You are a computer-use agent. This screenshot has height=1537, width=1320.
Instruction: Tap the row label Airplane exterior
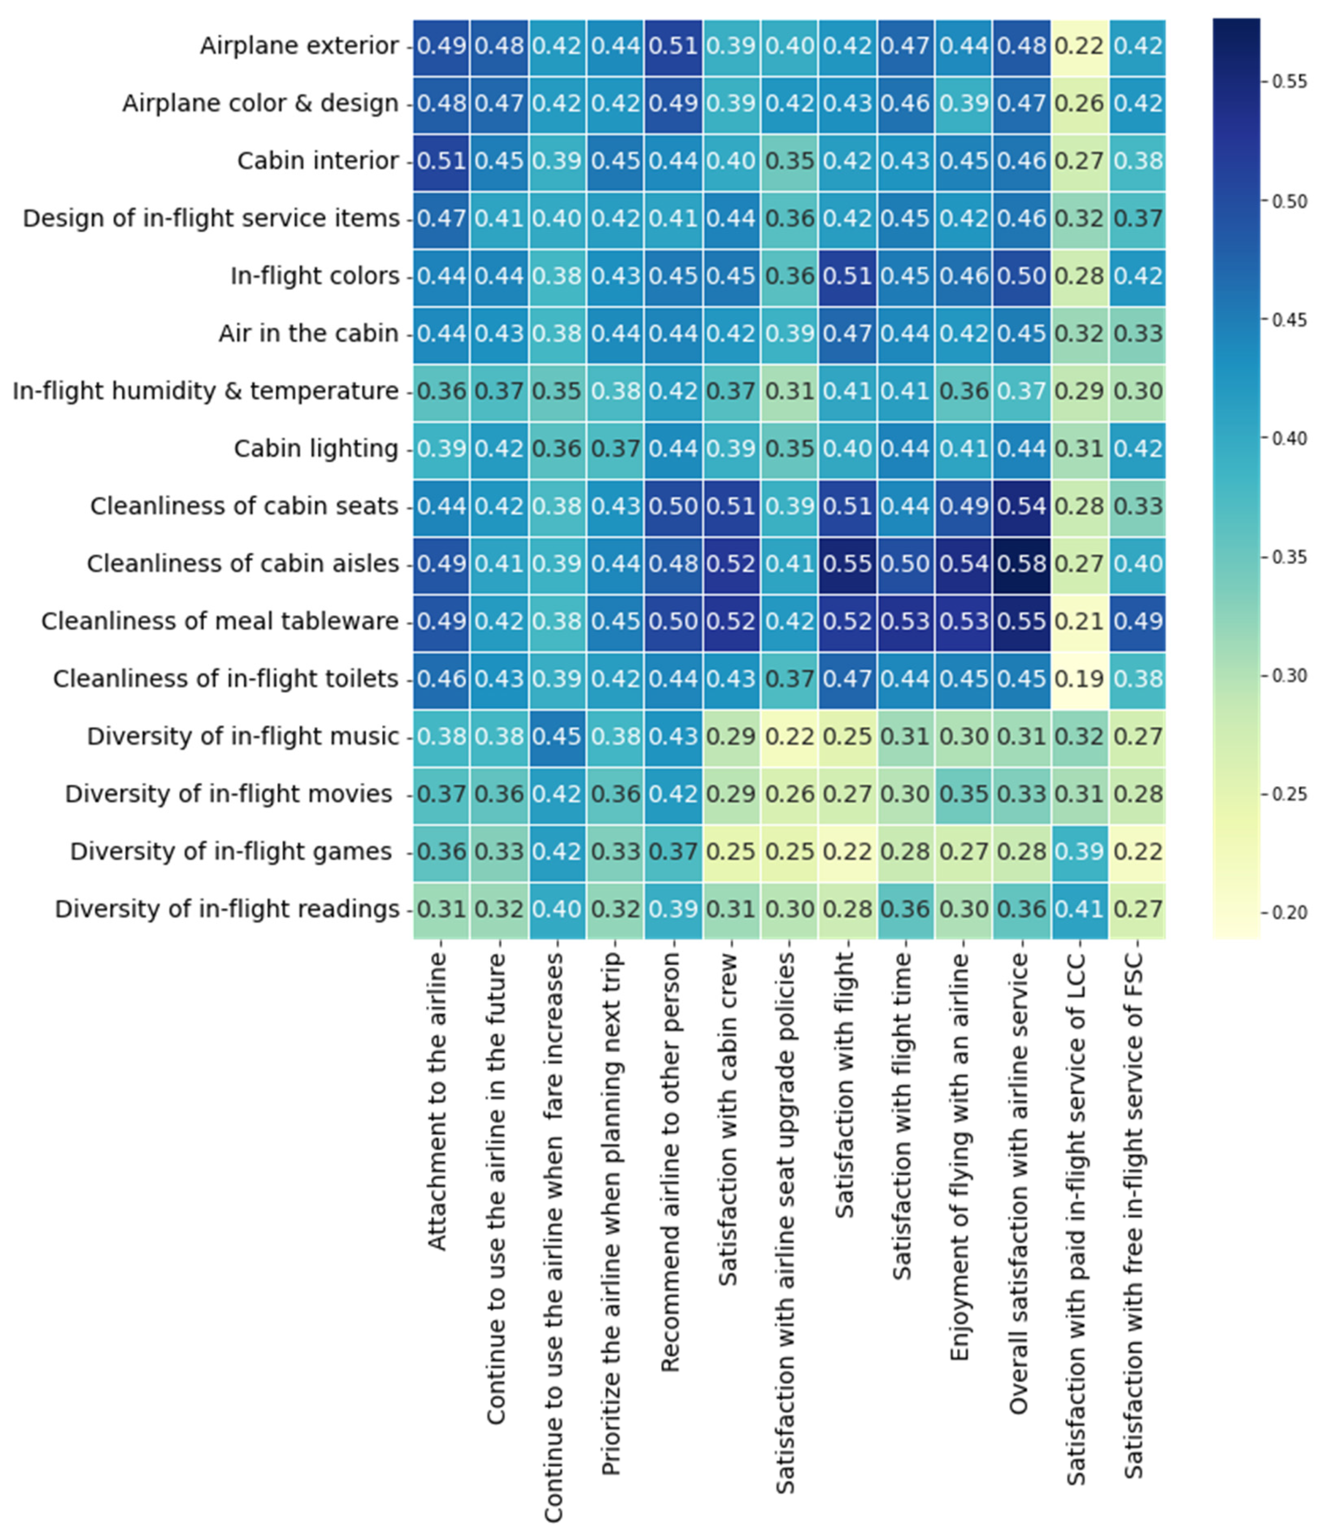299,46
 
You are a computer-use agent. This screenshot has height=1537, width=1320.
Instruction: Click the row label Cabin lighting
316,449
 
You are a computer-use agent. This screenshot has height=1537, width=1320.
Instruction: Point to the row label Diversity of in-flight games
231,852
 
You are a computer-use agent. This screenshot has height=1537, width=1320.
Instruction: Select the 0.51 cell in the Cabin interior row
441,161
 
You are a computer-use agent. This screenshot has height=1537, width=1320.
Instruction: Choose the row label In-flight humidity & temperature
206,391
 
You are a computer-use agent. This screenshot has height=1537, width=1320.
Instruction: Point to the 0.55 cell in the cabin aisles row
847,564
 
